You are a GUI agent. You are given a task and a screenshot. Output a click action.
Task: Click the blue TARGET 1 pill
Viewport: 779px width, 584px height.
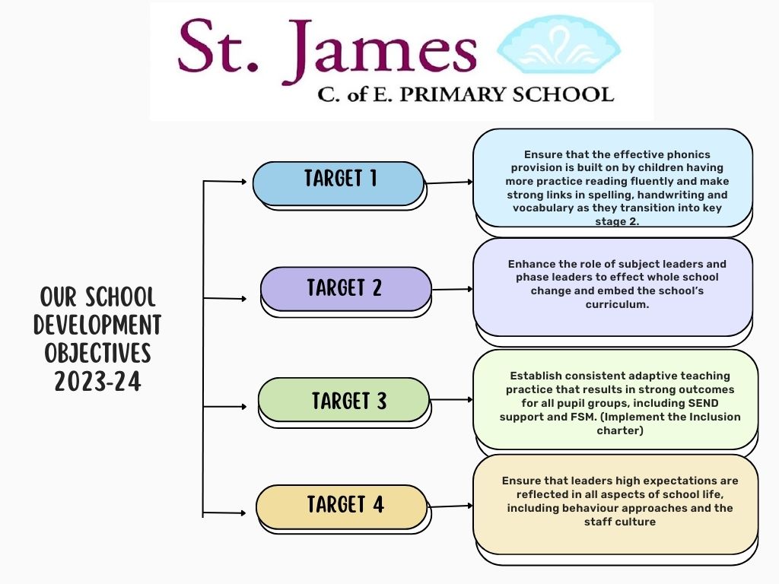(339, 183)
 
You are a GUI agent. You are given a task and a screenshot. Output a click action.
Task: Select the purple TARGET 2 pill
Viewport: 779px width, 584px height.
(346, 289)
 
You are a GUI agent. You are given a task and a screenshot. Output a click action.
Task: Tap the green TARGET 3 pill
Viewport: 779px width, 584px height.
(343, 400)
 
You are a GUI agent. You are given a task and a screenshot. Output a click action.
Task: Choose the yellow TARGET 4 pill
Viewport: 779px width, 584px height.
(342, 507)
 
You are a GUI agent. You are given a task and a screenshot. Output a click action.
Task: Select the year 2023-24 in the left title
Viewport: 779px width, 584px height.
(97, 382)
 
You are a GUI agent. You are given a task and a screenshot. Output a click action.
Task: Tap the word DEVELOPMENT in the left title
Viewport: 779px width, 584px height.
(97, 325)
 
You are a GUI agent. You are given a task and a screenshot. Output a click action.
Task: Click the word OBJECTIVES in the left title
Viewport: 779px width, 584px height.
(97, 353)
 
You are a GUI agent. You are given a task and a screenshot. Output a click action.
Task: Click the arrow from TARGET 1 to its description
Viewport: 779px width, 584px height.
(449, 182)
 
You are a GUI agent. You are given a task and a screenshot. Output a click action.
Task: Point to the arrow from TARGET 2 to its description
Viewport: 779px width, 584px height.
(452, 289)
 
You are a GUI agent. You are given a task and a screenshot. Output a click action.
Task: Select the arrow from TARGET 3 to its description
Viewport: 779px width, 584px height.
(451, 399)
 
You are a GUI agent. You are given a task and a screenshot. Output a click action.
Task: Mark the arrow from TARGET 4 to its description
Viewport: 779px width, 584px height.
(450, 506)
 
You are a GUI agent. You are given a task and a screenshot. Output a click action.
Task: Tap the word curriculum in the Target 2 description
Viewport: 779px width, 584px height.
(616, 304)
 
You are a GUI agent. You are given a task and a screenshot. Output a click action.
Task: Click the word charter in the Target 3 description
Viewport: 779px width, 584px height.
(619, 430)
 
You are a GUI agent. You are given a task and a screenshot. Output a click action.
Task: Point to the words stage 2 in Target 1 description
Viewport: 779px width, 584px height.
(617, 221)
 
